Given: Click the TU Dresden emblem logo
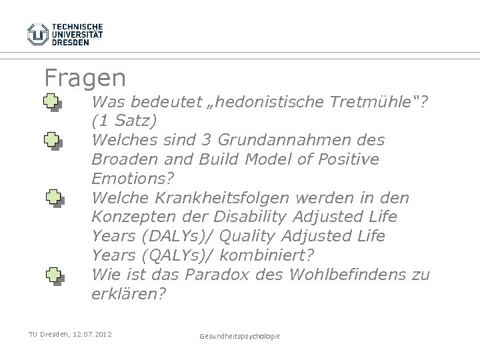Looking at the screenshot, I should [x=38, y=33].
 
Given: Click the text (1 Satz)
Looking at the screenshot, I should [x=125, y=121].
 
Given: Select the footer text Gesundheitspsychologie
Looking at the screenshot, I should [x=240, y=336].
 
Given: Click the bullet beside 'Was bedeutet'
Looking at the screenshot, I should [x=53, y=103].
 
